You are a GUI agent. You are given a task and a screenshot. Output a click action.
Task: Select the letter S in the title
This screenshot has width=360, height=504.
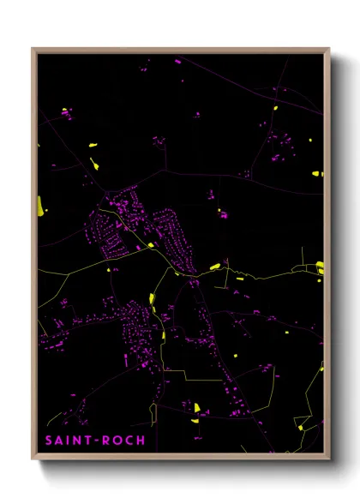[x=49, y=441]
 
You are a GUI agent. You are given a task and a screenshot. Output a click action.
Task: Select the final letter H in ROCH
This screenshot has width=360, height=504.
[x=141, y=441]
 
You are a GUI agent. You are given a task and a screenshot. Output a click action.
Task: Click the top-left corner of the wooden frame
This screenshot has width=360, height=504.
[x=33, y=49]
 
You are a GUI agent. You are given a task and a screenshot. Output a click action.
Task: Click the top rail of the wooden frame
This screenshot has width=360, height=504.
[x=180, y=50]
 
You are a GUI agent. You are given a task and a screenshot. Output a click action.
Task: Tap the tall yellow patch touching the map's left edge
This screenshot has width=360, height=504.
[x=40, y=206]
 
